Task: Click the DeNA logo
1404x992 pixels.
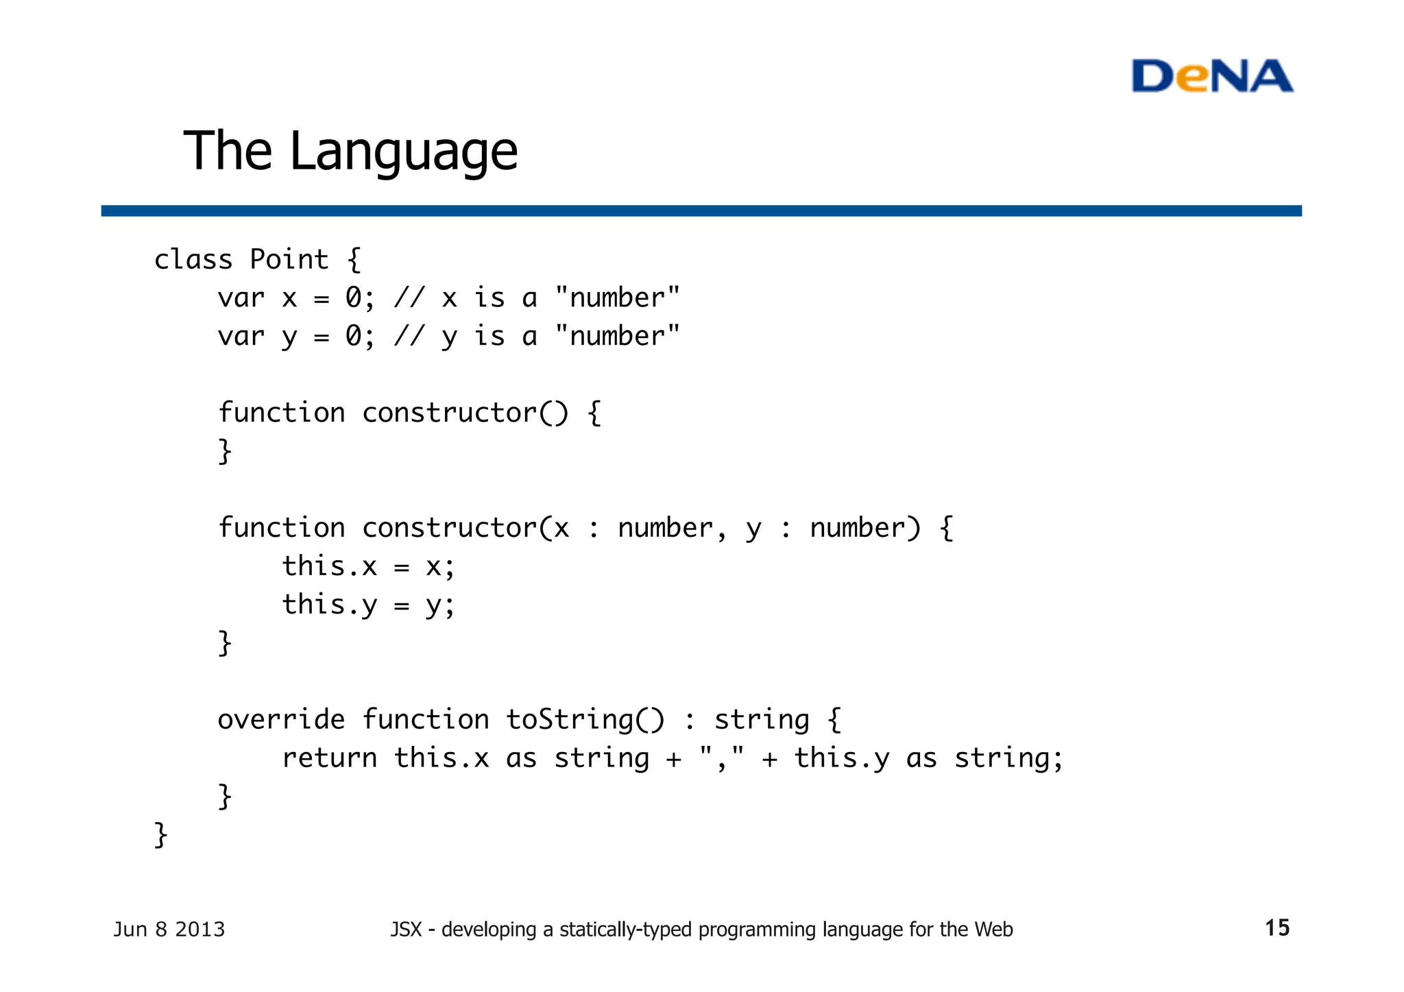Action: tap(1212, 76)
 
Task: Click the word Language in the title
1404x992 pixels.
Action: tap(404, 152)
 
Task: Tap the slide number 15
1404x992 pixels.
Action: tap(1277, 928)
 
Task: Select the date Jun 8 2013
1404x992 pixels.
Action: tap(169, 929)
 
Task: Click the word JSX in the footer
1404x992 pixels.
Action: tap(406, 930)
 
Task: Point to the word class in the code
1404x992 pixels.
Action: tap(193, 260)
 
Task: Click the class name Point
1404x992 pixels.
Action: tap(289, 260)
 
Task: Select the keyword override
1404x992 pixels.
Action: tap(281, 720)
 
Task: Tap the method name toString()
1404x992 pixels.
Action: tap(585, 720)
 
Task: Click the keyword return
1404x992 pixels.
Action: tap(330, 758)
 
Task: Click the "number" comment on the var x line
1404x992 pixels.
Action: tap(617, 298)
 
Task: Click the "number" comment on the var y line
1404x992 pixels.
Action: tap(617, 337)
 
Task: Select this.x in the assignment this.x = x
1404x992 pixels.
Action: tap(330, 567)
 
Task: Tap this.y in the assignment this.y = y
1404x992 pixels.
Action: tap(330, 605)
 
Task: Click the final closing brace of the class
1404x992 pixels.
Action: tap(161, 835)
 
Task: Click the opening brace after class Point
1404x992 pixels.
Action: tap(354, 260)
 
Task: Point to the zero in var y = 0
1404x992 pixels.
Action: tap(353, 337)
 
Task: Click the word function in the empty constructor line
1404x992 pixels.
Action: tap(281, 413)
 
